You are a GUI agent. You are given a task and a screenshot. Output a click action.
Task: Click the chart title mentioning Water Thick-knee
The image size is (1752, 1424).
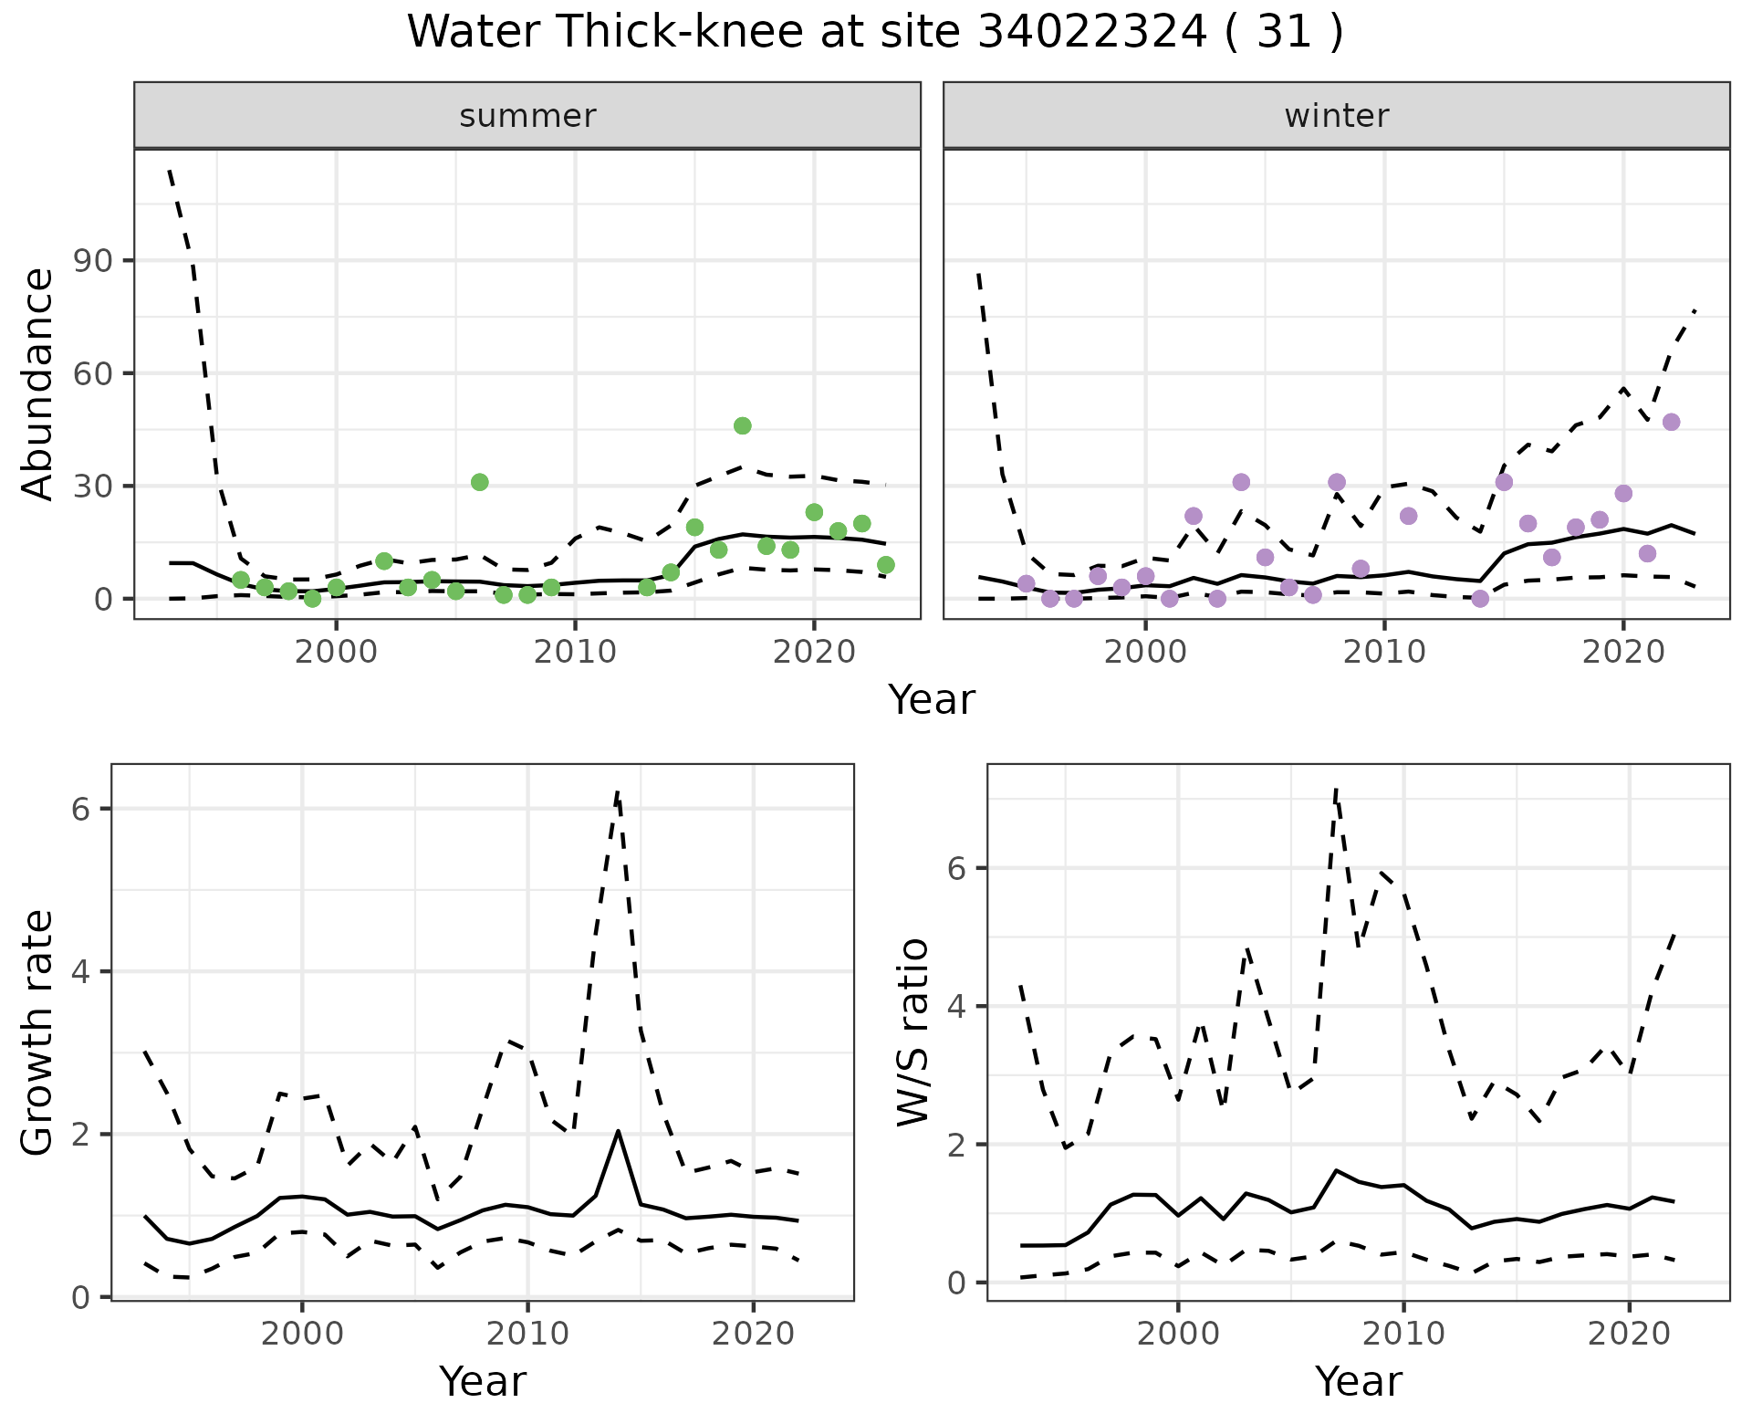tap(874, 33)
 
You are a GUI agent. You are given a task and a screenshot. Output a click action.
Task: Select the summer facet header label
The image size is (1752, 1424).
tap(527, 116)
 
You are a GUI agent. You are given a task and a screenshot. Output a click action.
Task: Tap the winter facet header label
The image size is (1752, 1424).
tap(1336, 116)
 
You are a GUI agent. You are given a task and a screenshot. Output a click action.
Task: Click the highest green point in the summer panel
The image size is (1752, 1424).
tap(742, 426)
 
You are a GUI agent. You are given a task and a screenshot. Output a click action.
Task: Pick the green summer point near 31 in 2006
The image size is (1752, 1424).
tap(479, 482)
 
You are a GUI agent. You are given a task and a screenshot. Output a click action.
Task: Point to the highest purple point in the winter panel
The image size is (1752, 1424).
tap(1671, 423)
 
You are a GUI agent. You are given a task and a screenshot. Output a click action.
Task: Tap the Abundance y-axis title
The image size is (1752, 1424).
tap(38, 383)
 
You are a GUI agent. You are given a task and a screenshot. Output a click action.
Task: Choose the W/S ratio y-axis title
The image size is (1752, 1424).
tap(913, 1032)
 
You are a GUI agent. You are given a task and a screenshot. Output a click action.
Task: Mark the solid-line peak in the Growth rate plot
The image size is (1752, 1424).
tap(618, 1131)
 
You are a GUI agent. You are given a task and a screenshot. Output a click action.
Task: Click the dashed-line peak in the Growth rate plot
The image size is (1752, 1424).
tap(618, 791)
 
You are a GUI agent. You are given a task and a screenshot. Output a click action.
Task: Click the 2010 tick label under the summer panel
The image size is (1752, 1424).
tap(575, 653)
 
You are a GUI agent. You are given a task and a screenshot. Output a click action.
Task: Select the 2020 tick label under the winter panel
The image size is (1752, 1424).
tap(1622, 653)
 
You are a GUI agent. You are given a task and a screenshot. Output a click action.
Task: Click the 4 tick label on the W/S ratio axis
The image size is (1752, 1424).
tap(956, 1007)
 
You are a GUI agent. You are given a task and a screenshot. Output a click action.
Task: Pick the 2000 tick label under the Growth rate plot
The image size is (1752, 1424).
tap(302, 1334)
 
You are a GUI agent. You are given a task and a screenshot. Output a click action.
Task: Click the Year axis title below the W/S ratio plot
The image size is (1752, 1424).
tap(1358, 1382)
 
